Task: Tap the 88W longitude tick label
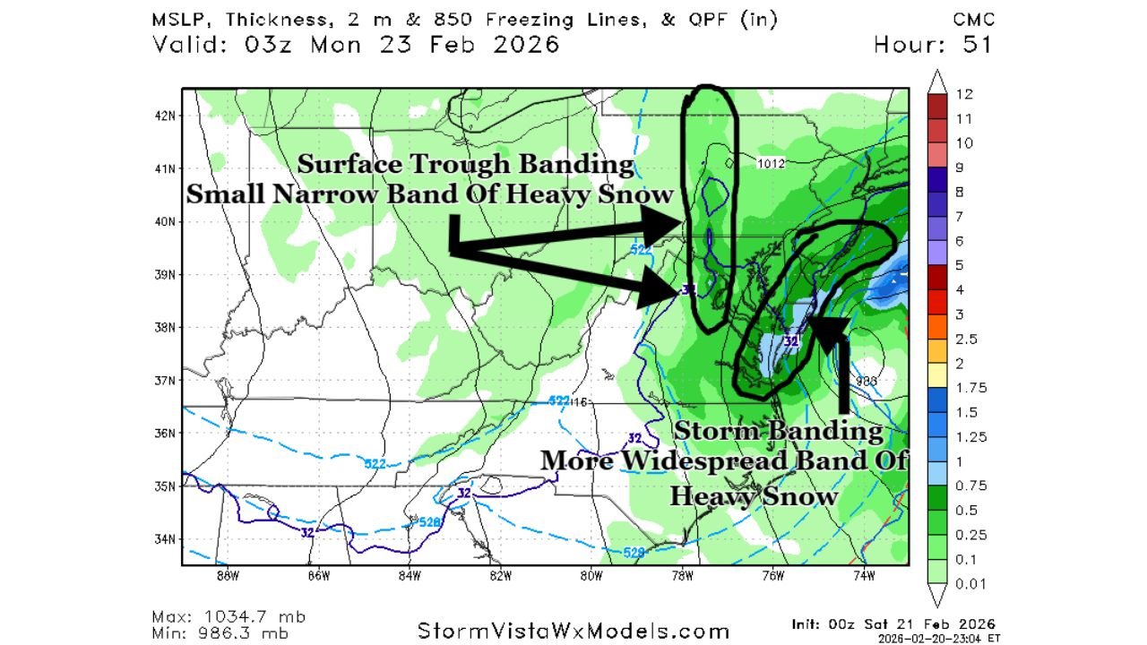227,577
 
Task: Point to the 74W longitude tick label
864,577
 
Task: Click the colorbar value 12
963,94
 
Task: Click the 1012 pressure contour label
771,163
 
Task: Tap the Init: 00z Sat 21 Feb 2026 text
893,623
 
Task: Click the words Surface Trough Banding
465,165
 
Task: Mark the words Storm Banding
778,431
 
